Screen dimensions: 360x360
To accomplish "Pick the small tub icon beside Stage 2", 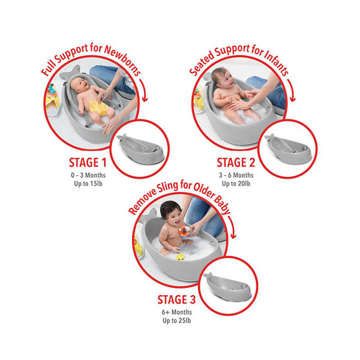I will coord(287,148).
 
